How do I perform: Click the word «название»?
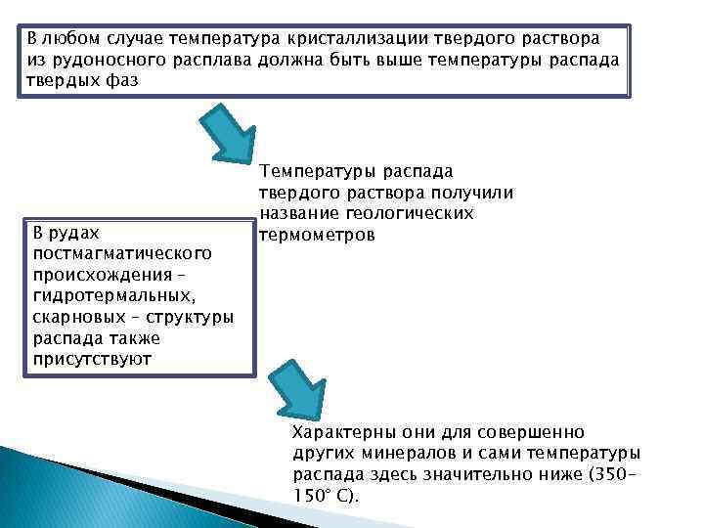point(294,214)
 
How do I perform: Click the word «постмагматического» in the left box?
point(122,253)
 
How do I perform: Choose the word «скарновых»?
point(79,318)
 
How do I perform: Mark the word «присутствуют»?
point(91,360)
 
